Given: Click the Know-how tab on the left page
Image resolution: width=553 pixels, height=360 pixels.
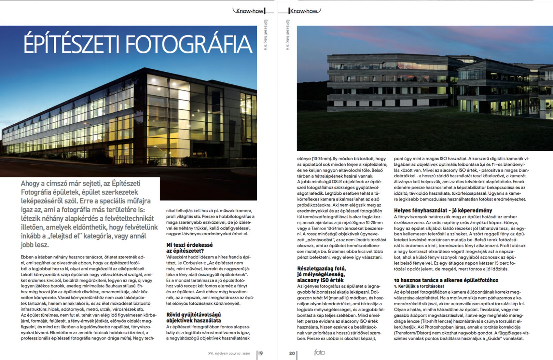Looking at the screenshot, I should tap(250, 11).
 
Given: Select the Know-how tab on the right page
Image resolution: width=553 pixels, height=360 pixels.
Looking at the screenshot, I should tap(303, 11).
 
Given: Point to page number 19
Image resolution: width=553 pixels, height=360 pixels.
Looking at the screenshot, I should tap(260, 353).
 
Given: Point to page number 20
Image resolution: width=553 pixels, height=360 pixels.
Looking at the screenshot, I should tap(292, 353).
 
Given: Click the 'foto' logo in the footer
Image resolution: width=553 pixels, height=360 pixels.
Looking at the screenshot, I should tap(319, 352).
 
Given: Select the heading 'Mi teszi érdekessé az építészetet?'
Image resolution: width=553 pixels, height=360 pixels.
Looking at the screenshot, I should tap(189, 248).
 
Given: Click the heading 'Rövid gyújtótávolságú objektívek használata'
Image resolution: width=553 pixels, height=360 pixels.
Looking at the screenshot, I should tap(193, 317).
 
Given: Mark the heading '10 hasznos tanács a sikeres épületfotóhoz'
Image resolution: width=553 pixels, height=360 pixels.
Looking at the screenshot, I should tap(446, 280).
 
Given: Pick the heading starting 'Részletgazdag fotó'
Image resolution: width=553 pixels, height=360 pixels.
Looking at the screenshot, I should tap(321, 274).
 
